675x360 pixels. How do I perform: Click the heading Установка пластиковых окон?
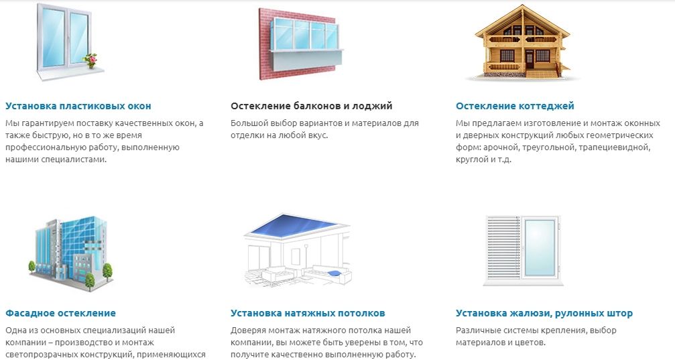pos(78,106)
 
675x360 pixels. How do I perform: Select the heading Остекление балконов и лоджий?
pos(311,106)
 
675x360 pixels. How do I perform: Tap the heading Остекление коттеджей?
pos(515,106)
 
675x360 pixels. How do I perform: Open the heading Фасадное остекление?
pos(61,313)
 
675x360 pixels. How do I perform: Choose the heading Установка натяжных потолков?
pos(308,313)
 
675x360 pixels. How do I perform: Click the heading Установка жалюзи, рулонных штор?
pos(544,313)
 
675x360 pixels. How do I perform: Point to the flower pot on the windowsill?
pos(91,61)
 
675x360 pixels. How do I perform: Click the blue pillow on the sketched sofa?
pos(334,274)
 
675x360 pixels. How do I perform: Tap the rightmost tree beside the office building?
pos(108,272)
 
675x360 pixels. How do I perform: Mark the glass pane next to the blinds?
pos(540,247)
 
